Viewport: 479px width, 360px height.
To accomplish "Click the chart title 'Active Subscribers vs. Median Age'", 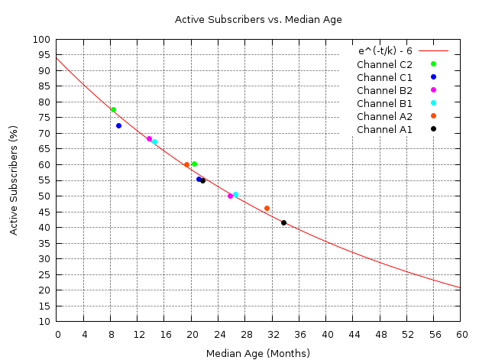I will [x=258, y=19].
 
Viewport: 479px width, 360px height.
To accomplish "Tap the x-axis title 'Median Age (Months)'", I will [x=258, y=353].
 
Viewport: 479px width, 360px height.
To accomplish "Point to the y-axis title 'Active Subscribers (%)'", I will [x=14, y=180].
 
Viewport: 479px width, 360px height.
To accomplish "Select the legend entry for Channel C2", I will [x=384, y=64].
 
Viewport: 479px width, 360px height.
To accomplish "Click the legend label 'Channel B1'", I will [x=384, y=103].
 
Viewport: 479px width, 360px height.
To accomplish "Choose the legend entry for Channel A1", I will [x=384, y=129].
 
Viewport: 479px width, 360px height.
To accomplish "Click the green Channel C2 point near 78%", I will [x=113, y=109].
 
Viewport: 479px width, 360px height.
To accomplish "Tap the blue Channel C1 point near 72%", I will [x=118, y=125].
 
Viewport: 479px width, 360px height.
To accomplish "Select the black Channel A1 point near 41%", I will [x=283, y=222].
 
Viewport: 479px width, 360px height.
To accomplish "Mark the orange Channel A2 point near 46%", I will [x=267, y=208].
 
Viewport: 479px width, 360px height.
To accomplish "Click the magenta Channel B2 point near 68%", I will [x=149, y=138].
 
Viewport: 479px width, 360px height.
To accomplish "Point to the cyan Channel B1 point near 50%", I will [x=235, y=194].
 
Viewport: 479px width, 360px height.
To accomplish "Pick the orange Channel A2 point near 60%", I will [x=186, y=164].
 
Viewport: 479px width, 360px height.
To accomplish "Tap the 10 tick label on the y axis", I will [x=45, y=321].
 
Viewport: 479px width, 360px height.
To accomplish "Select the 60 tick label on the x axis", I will [x=460, y=334].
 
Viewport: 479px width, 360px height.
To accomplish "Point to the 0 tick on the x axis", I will [x=57, y=334].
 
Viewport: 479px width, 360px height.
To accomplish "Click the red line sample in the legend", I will [x=433, y=51].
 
